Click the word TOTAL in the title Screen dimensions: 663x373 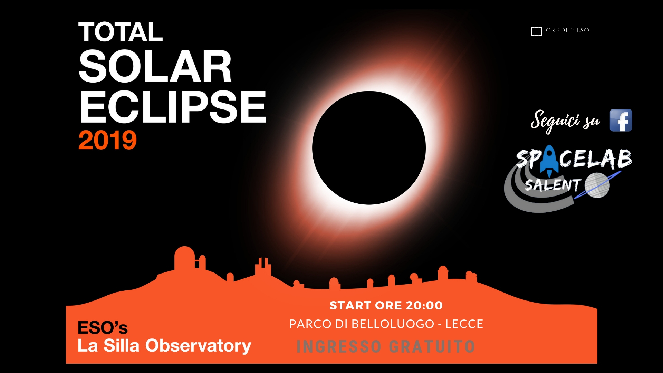121,32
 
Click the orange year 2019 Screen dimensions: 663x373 108,140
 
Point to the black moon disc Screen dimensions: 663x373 369,148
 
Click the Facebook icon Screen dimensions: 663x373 621,120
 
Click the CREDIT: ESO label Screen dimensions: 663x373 567,30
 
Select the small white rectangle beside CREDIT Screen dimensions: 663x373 536,31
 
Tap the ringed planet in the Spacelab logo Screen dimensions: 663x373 597,185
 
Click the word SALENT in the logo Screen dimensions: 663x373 553,185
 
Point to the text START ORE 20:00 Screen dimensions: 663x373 386,305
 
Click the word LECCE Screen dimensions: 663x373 464,324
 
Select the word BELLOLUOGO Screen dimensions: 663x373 393,324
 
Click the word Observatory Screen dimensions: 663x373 198,346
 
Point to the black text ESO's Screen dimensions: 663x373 103,328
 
